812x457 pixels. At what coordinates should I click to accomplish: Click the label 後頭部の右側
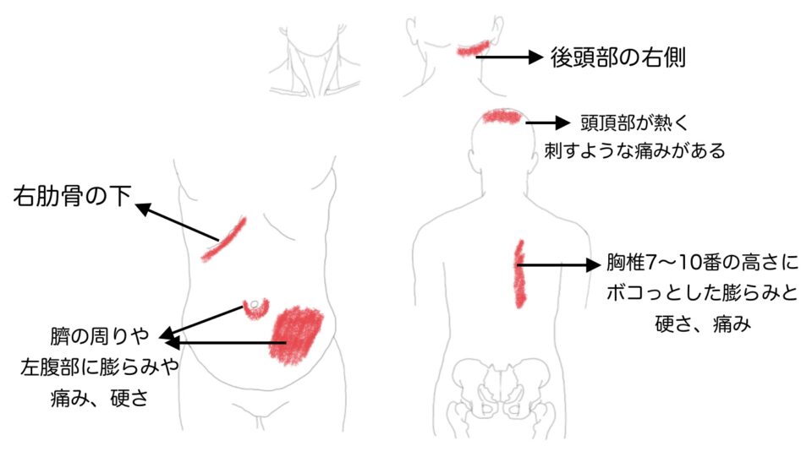point(617,57)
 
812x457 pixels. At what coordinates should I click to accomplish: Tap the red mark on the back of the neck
point(474,48)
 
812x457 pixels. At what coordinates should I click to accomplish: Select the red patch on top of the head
point(502,117)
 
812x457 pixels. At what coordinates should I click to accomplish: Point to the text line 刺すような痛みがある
point(634,151)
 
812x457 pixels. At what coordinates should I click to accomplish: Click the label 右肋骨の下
point(72,196)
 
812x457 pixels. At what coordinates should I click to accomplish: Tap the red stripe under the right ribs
point(223,239)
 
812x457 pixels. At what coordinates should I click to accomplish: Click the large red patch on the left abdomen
point(296,335)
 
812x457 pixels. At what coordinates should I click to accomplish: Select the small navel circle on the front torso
point(255,305)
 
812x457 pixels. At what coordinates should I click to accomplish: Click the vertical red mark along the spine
point(518,274)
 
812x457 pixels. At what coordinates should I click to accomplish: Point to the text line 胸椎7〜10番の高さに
point(702,263)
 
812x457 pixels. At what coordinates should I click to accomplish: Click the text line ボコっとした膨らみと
point(702,293)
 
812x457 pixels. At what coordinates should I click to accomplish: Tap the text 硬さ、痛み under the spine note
point(703,324)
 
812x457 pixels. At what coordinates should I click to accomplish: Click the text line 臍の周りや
point(100,336)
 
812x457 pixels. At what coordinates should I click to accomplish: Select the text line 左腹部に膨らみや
point(100,367)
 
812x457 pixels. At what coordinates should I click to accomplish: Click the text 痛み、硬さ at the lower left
point(100,398)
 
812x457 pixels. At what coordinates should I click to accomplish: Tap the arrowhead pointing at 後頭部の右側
point(535,57)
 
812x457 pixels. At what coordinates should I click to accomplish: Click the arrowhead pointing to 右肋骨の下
point(142,209)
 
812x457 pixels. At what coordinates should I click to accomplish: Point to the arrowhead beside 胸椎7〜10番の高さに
point(593,264)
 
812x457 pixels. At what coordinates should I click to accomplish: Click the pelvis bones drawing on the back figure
point(500,391)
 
